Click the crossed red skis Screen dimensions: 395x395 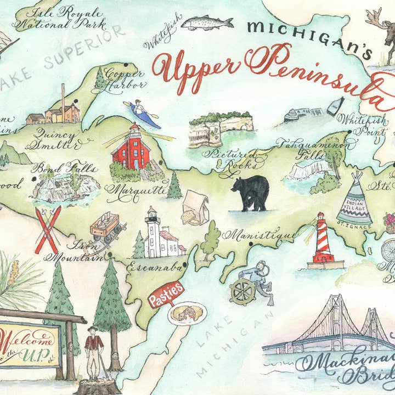47,229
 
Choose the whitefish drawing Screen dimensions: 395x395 207,23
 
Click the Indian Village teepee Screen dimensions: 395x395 354,199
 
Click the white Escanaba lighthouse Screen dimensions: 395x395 160,234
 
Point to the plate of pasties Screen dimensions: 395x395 187,314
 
